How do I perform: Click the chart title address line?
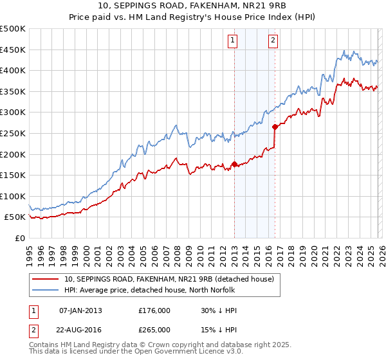point(192,6)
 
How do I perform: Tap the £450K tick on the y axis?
point(13,50)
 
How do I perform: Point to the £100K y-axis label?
point(13,196)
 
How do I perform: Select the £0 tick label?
point(19,238)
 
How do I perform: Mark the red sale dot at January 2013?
point(234,164)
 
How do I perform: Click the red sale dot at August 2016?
point(275,127)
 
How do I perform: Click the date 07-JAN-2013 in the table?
point(80,310)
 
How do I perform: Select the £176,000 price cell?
point(154,310)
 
